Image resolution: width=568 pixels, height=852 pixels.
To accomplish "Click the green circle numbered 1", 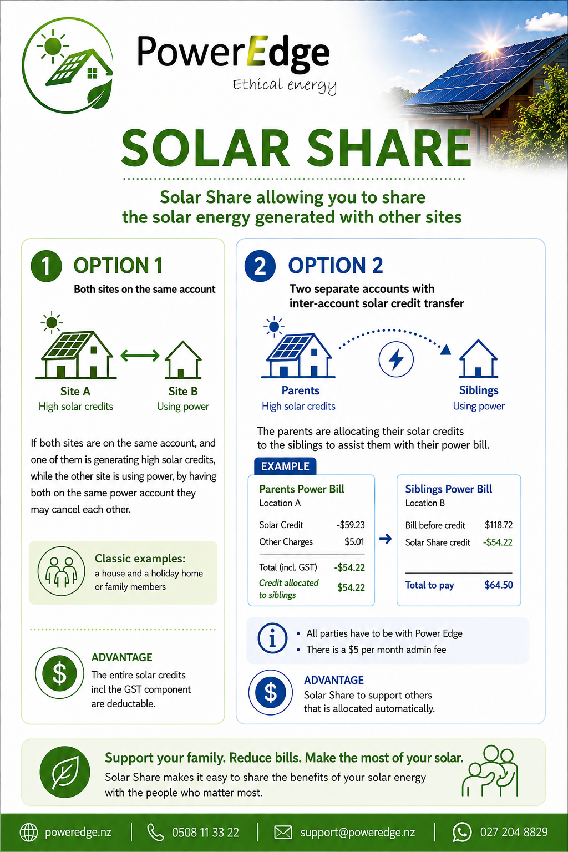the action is coord(46,266).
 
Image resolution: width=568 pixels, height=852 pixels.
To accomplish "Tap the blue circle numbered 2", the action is coord(260,266).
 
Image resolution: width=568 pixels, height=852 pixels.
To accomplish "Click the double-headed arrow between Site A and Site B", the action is coord(140,356).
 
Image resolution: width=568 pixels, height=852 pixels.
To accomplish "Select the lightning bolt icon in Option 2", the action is coord(396,359).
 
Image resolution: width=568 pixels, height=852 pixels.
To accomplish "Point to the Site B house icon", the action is coord(183,360).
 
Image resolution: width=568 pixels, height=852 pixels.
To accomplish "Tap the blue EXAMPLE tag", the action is coord(285,466).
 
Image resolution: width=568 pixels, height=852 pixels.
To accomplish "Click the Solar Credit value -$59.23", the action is coord(351,525).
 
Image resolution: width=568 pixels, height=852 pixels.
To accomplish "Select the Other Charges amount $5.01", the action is coord(354,541).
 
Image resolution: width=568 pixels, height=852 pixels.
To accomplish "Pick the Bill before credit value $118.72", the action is coord(498,525).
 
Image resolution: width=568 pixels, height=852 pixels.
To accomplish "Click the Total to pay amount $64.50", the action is coord(498,585).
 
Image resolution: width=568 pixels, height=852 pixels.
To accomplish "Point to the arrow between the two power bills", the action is coord(386,539).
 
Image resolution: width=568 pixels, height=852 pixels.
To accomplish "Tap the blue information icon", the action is coord(272,638).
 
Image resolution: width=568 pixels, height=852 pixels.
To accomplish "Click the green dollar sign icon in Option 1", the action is coord(60,673).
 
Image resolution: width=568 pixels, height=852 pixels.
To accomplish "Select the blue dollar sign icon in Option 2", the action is coord(271,692).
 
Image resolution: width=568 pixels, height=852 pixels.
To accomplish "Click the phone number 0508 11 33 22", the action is coord(205,832).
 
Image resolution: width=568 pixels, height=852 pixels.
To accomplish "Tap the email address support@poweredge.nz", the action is coord(358,832).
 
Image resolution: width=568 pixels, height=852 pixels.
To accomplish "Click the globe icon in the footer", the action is coord(29,832).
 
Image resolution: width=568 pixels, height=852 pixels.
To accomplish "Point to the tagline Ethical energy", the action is coord(285,85).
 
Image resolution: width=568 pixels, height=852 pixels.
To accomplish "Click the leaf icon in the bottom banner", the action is coord(65,773).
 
